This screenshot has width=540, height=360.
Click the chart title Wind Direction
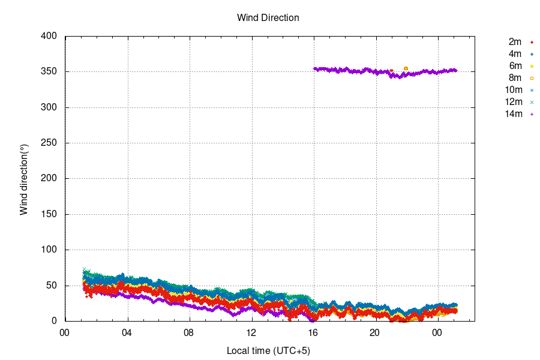point(268,18)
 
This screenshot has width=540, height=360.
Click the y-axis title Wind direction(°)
point(24,179)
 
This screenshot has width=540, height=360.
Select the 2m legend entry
point(514,42)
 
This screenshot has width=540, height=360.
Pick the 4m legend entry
point(514,54)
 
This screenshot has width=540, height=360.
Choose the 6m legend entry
point(514,66)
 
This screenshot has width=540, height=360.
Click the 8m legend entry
point(514,78)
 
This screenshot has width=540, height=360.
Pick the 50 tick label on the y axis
point(52,286)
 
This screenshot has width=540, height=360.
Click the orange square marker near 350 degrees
point(406,68)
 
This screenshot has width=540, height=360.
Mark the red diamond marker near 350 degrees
point(392,71)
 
